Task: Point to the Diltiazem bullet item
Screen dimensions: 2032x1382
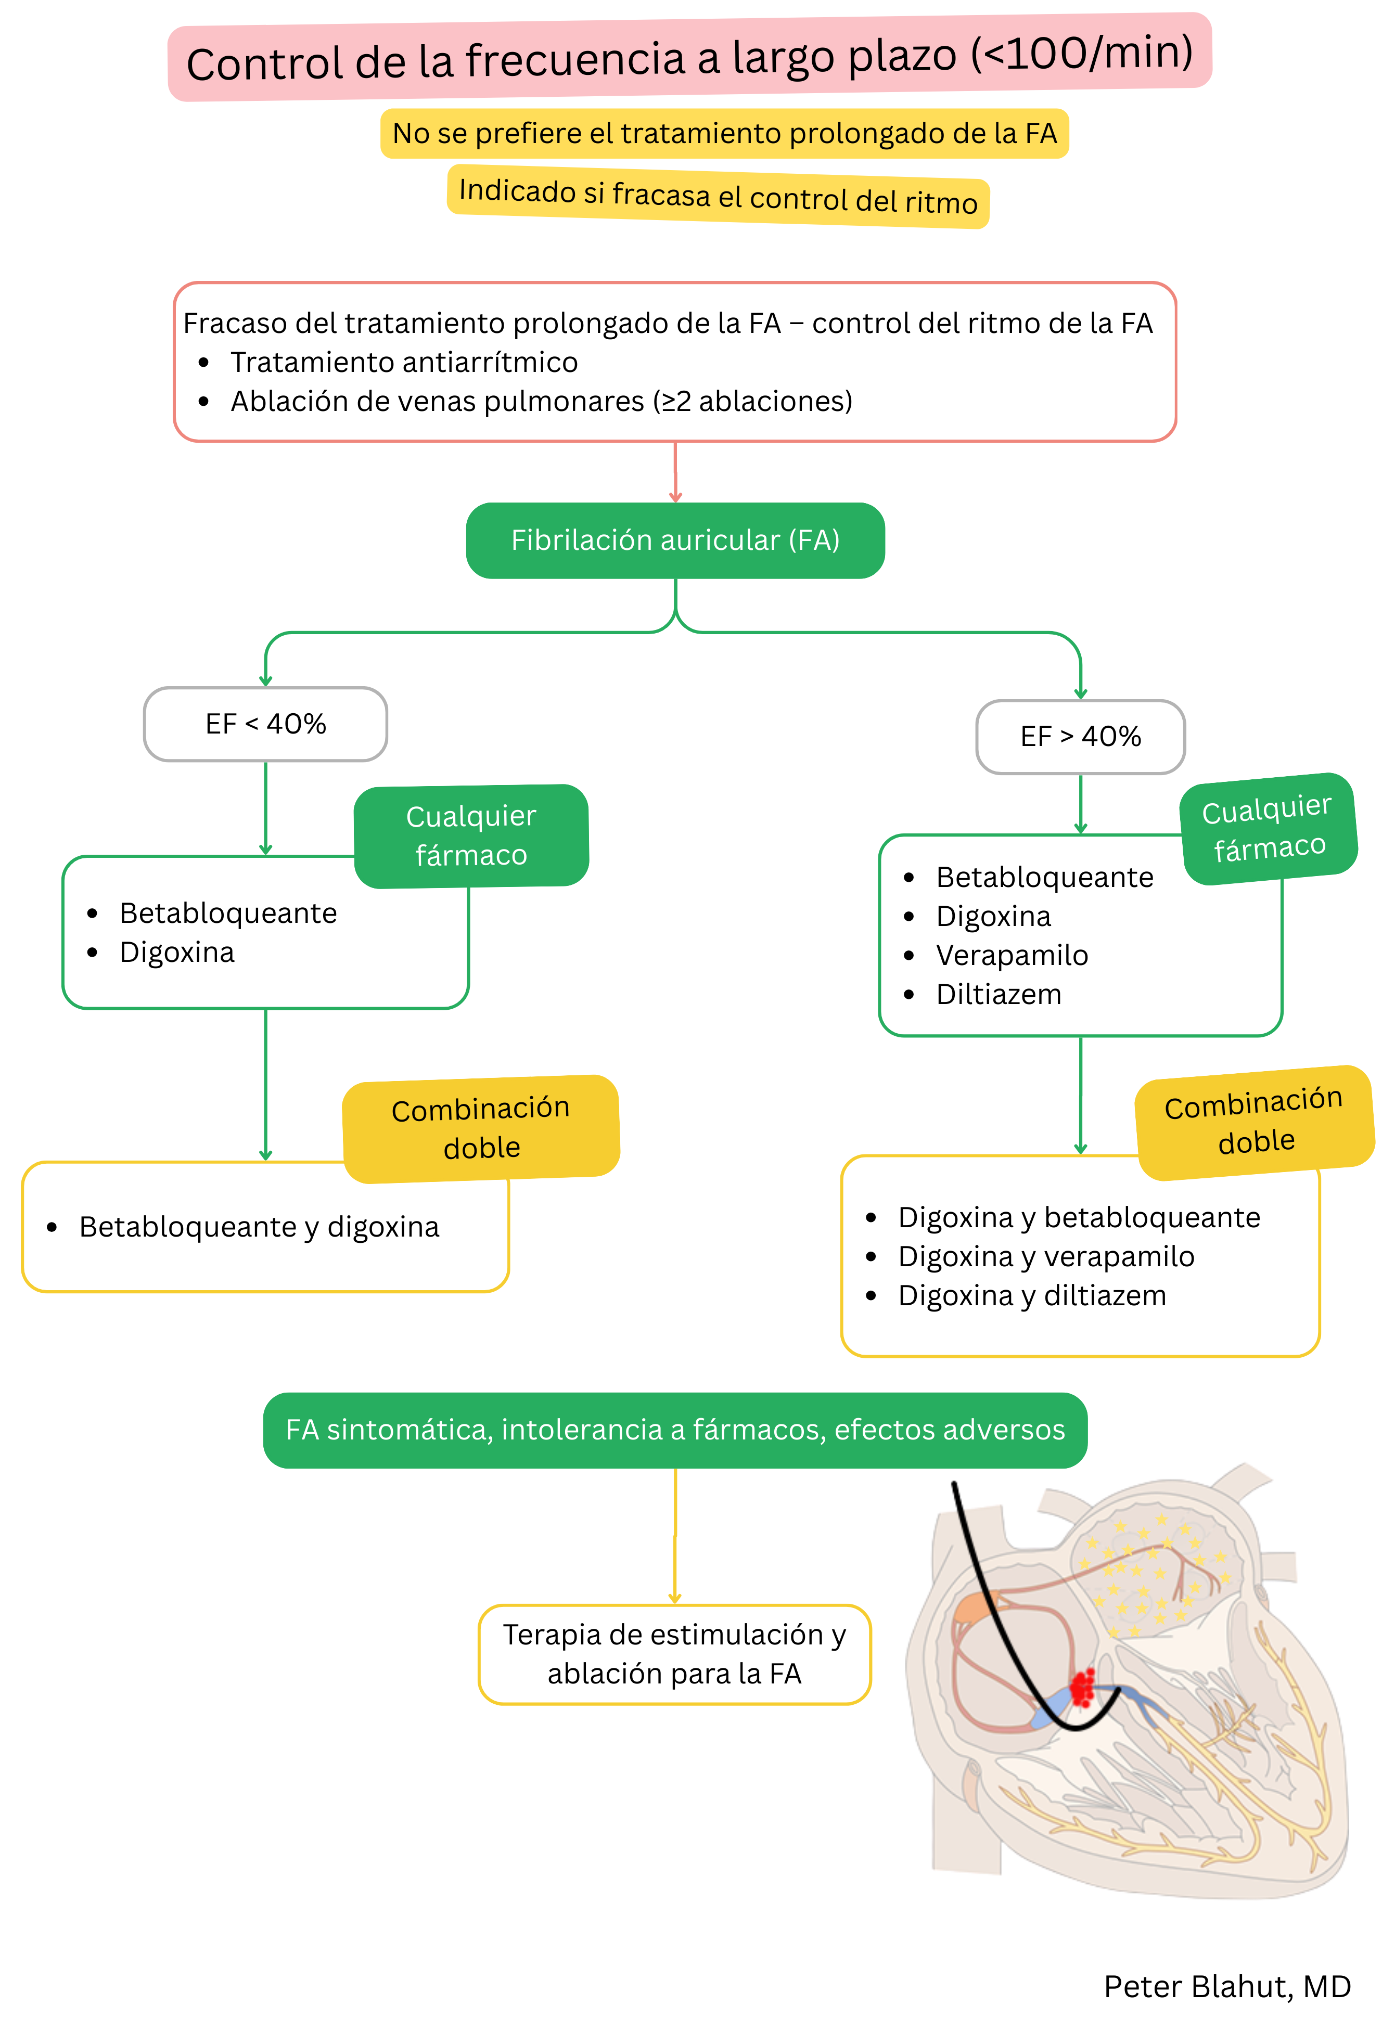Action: click(x=998, y=994)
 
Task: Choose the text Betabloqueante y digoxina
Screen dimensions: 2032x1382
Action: click(x=259, y=1227)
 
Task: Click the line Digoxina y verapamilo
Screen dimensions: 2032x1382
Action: click(x=1045, y=1256)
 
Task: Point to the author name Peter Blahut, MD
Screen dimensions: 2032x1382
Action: click(x=1226, y=1987)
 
